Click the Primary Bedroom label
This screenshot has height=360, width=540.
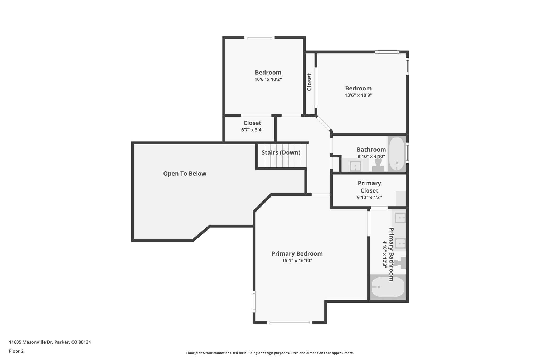coord(297,254)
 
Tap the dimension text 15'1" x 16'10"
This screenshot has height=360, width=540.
coord(297,261)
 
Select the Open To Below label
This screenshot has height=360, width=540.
coord(185,174)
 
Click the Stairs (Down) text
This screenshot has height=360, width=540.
coord(281,152)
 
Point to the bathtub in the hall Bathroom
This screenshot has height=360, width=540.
coord(397,154)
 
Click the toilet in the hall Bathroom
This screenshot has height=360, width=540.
coord(378,164)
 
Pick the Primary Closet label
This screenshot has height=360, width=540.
coord(369,187)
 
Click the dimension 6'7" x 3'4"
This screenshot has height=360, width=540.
coord(252,130)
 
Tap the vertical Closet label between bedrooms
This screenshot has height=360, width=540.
coord(309,82)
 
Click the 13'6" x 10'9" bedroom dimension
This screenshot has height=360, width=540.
coord(358,95)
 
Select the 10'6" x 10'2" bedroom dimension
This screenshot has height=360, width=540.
coord(268,79)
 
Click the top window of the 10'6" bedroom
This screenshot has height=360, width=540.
coord(259,37)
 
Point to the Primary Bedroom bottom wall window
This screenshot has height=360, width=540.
coord(290,322)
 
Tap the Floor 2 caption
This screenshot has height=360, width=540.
coord(16,351)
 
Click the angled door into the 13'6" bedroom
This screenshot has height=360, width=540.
coord(324,123)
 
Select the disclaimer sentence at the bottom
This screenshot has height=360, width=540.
coord(270,353)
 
